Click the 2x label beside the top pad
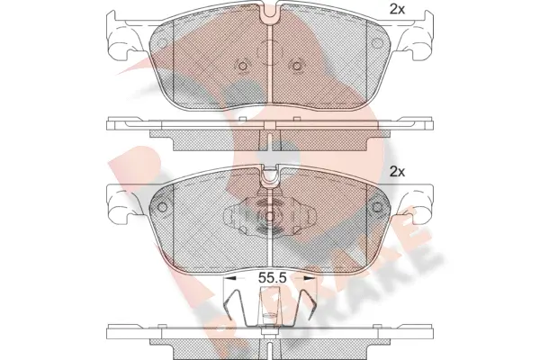[x=397, y=10]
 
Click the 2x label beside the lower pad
[x=397, y=171]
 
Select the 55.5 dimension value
[x=273, y=278]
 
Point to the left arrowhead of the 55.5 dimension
[x=229, y=278]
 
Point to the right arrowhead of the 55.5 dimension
[x=310, y=278]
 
